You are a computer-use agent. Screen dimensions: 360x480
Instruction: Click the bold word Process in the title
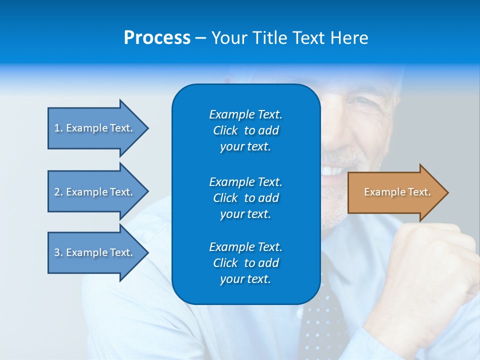[x=157, y=38]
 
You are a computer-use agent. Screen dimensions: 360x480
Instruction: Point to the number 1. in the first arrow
[x=58, y=128]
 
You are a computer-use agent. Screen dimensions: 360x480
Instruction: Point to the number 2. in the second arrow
[x=58, y=192]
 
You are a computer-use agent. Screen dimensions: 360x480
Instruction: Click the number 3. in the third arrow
[x=58, y=252]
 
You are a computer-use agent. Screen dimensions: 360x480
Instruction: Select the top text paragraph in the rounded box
[x=245, y=130]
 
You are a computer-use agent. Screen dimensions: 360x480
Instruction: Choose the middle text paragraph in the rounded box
[x=245, y=197]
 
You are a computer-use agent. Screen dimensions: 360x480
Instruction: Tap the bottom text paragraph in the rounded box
[x=245, y=263]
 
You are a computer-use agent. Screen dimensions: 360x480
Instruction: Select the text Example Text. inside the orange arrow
[x=397, y=192]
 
